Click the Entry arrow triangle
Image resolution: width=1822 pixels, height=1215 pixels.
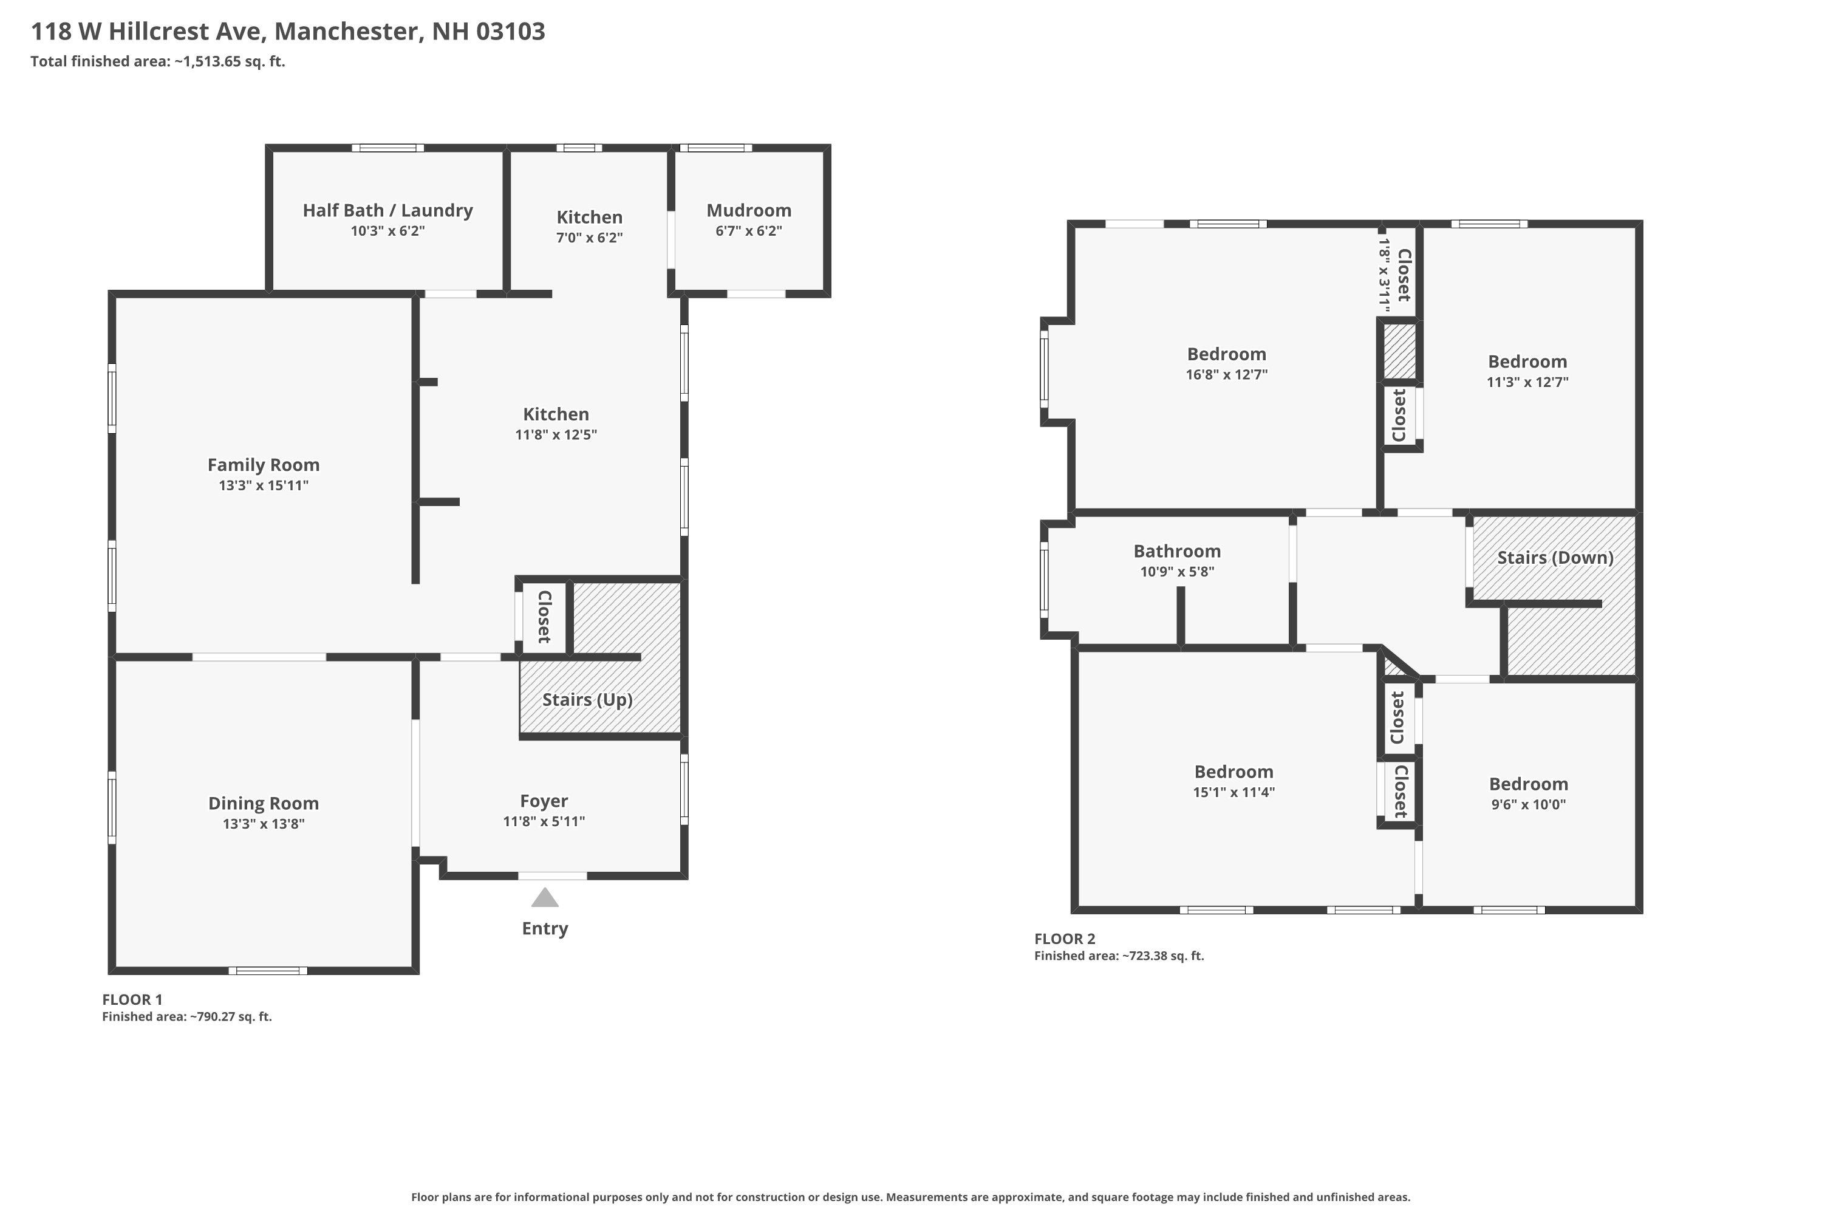point(545,898)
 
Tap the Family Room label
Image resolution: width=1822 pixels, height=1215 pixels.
point(264,465)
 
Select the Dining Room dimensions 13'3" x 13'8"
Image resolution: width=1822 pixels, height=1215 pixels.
point(264,824)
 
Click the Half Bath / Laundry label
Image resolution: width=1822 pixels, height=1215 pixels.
point(387,210)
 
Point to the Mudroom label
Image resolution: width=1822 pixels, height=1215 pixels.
point(748,210)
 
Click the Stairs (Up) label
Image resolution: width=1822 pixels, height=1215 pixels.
point(587,700)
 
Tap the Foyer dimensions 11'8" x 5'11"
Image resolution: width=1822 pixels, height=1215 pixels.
point(544,821)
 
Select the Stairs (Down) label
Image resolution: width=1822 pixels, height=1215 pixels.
point(1555,557)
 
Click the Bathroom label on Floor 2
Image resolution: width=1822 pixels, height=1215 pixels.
point(1177,551)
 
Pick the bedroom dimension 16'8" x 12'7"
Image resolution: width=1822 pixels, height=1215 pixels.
point(1226,374)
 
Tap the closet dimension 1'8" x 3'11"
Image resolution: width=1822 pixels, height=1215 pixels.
point(1384,275)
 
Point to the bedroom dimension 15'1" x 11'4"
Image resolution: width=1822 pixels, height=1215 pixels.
point(1233,792)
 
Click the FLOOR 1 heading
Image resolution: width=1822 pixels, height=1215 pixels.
point(132,999)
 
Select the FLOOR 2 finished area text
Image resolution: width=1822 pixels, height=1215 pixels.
point(1119,956)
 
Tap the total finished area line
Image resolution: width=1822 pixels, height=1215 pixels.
point(158,62)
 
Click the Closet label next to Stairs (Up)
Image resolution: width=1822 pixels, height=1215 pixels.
point(544,617)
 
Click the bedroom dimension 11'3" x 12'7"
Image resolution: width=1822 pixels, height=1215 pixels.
point(1527,382)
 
